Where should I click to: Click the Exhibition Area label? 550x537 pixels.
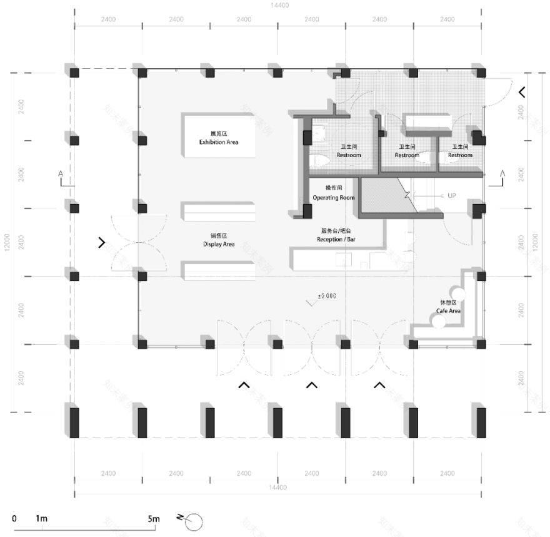coord(219,142)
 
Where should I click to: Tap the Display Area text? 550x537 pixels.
coord(219,244)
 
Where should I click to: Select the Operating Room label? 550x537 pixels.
coord(333,198)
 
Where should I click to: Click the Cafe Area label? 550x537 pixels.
coord(449,310)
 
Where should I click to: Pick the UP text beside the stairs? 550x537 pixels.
coord(452,195)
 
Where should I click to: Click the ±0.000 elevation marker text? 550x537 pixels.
coord(327,295)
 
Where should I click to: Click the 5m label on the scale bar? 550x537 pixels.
coord(154,519)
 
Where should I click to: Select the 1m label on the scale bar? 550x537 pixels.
coord(42,519)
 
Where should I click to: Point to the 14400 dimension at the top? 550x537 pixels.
coord(279,6)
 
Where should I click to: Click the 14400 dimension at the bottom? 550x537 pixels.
coord(279,487)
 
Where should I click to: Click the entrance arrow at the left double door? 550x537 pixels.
coord(101,243)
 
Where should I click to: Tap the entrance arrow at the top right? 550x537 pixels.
coord(522,93)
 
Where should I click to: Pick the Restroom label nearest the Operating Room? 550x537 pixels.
coord(349,155)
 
